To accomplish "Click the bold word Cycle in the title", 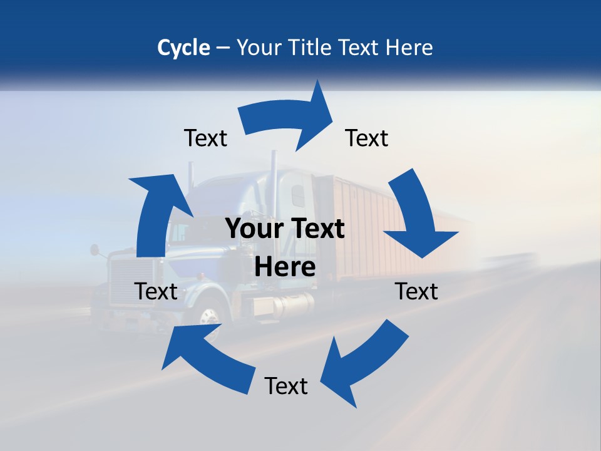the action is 183,48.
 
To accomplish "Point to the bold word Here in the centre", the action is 285,267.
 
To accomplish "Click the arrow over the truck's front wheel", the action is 200,357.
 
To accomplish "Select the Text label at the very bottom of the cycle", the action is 286,386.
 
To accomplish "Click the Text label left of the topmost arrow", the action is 205,138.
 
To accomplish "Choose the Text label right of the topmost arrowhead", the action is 367,138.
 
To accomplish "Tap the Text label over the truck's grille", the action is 156,292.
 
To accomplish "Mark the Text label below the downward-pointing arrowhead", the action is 416,292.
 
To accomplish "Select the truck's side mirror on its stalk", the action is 95,250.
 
